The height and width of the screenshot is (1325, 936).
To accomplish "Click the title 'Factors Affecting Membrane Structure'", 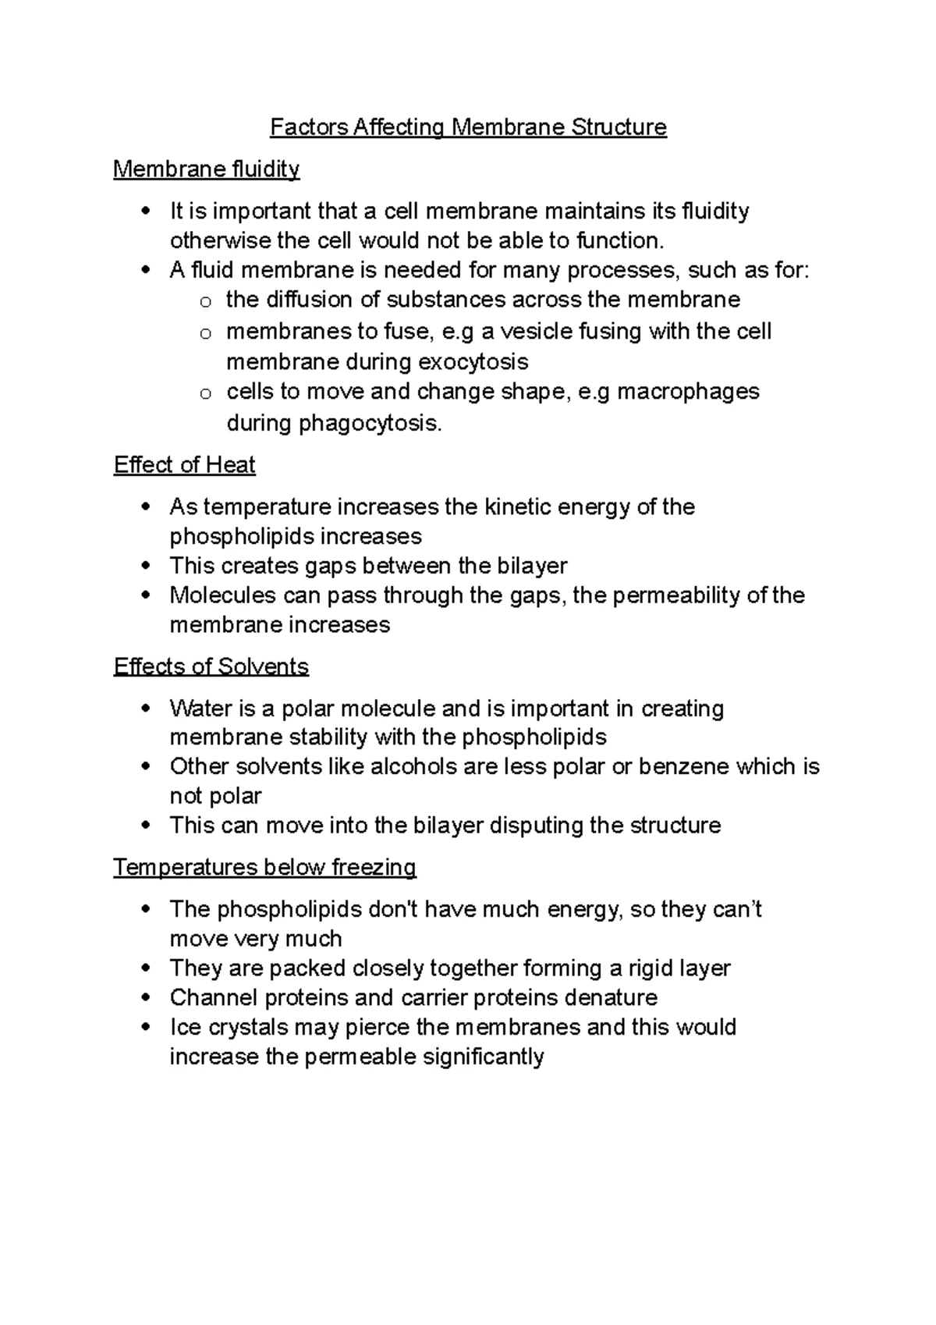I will [468, 127].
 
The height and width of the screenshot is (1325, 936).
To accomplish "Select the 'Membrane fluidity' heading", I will [206, 169].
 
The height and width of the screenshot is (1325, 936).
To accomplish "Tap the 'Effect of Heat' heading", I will [184, 465].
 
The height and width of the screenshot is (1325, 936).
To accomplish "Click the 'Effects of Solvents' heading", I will [211, 666].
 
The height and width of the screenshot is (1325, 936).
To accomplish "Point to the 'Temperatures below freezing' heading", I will [264, 867].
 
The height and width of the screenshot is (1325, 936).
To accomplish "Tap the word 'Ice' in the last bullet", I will [184, 1028].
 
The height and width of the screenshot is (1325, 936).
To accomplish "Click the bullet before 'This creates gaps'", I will [146, 567].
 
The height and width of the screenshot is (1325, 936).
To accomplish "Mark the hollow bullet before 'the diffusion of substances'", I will [204, 302].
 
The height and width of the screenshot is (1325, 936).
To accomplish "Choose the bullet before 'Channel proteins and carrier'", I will [146, 998].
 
